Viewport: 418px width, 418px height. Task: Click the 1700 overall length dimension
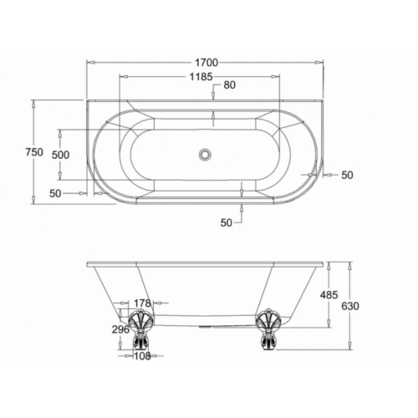(x=206, y=63)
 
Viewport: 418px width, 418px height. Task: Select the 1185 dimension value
(x=201, y=76)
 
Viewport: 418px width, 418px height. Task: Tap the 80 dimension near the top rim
(x=230, y=84)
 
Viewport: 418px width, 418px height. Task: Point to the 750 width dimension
(x=34, y=152)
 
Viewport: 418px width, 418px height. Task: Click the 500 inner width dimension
(x=60, y=155)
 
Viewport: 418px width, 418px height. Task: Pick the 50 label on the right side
(x=347, y=175)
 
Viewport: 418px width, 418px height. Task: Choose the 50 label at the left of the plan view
(x=55, y=193)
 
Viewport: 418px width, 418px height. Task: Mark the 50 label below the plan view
(x=227, y=222)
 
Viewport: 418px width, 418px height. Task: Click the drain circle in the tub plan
(x=206, y=154)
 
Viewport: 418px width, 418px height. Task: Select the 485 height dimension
(x=329, y=294)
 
